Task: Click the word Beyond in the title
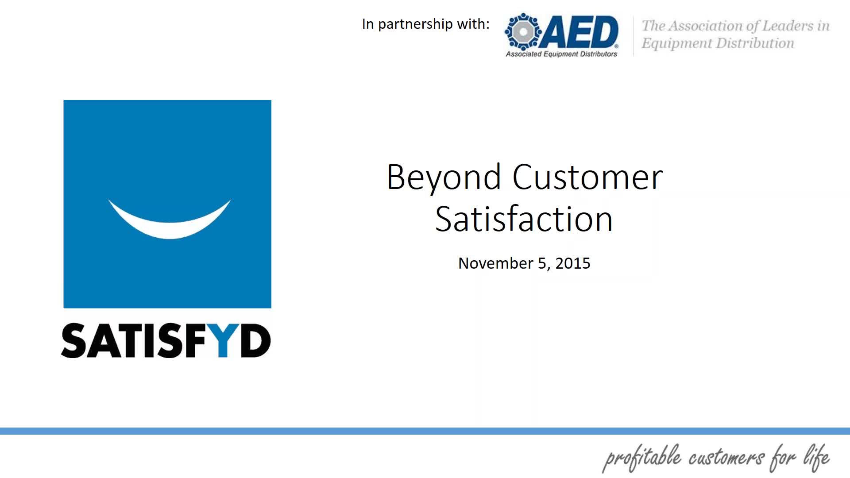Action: pyautogui.click(x=444, y=178)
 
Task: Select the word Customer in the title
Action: pyautogui.click(x=587, y=177)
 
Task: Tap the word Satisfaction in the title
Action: pyautogui.click(x=524, y=219)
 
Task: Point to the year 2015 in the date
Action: pyautogui.click(x=573, y=263)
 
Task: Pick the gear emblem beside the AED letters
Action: pyautogui.click(x=523, y=32)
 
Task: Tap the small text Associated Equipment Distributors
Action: pyautogui.click(x=561, y=54)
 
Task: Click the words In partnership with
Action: pyautogui.click(x=426, y=24)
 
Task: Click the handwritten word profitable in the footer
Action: pyautogui.click(x=641, y=458)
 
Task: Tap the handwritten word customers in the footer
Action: pyautogui.click(x=726, y=458)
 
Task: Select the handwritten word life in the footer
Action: pyautogui.click(x=817, y=458)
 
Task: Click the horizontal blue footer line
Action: pyautogui.click(x=425, y=431)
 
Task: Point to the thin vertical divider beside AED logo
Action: pyautogui.click(x=634, y=36)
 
